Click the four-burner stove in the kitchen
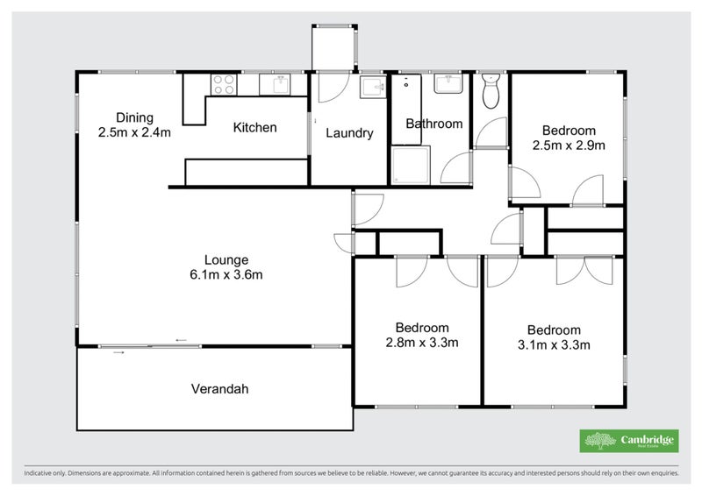223,85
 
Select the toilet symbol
491,89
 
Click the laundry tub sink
370,89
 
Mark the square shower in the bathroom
411,165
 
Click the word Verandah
214,388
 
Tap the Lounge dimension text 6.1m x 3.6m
226,274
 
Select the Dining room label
134,118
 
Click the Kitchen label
254,128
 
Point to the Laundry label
349,133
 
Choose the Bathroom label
433,124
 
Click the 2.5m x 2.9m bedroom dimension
569,145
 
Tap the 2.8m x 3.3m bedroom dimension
421,343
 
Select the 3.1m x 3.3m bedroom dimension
554,344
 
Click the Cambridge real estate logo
628,440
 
